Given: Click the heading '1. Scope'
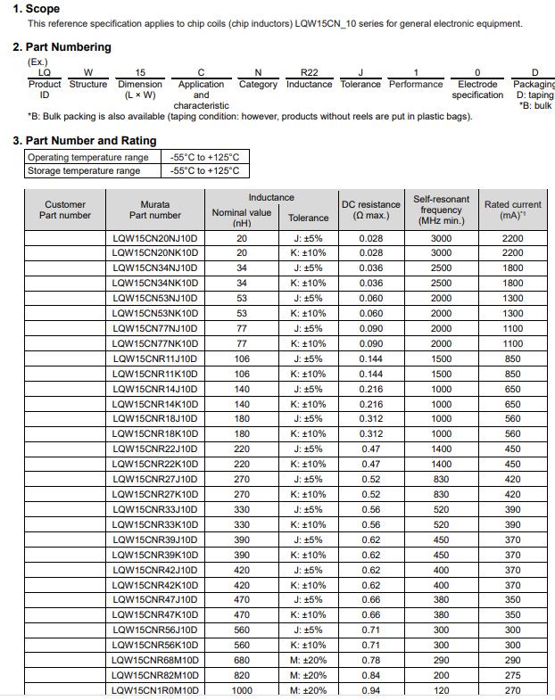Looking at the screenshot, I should pos(37,9).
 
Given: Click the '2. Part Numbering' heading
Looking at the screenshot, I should pos(62,47).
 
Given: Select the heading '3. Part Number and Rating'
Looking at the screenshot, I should pos(84,141).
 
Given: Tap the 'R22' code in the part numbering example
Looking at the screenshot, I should pos(309,73).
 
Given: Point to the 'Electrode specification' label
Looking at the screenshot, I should pos(477,89).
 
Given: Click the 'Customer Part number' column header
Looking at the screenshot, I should pos(65,210).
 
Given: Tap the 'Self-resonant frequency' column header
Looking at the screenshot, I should pos(441,210).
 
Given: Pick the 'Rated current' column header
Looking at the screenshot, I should pos(512,210).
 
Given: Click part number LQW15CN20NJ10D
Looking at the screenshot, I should pos(155,239).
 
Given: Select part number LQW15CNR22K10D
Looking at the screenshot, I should pos(155,465).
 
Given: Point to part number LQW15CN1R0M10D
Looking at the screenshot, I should pos(155,690).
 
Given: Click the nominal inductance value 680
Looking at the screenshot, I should pos(242,661).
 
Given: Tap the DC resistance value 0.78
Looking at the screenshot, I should pos(371,661).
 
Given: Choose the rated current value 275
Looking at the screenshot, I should pos(512,676).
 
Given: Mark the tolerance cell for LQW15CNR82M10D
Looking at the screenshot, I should pos(308,676).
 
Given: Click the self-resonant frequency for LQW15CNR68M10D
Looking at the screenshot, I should pos(441,661).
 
